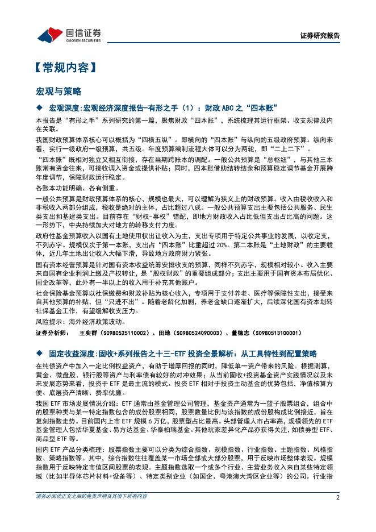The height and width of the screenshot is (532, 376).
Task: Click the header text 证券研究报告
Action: tap(319, 35)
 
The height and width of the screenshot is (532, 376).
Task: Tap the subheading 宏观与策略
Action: tap(59, 91)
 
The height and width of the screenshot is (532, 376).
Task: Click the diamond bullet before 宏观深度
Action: tap(39, 107)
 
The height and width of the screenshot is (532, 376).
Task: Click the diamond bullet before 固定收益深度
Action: tap(39, 354)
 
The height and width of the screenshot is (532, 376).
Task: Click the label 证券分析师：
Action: tap(52, 333)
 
